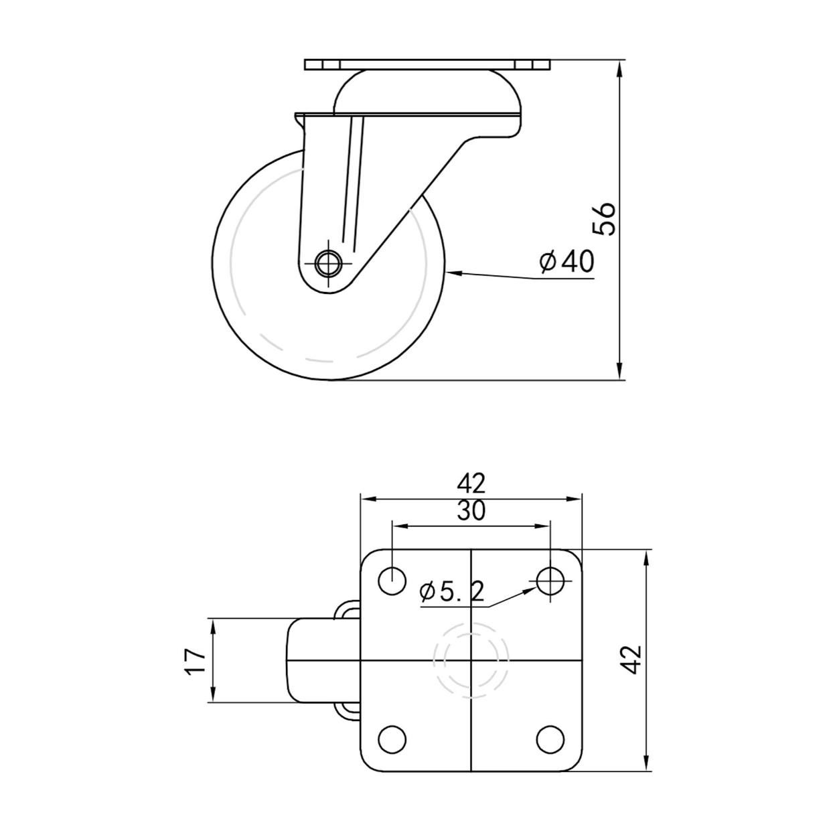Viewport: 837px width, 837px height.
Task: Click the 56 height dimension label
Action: point(604,218)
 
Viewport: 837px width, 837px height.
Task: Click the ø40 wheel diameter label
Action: point(566,262)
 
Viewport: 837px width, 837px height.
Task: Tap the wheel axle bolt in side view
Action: point(328,263)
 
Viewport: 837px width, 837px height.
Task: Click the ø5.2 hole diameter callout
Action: point(451,591)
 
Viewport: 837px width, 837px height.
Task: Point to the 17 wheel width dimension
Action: point(196,661)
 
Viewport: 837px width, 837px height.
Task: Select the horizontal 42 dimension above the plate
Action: point(471,482)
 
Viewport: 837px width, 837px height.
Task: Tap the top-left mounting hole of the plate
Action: point(392,581)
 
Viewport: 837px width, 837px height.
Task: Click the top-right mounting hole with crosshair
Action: point(550,581)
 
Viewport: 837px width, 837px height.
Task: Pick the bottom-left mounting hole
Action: point(392,739)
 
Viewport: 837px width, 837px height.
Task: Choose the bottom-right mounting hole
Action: point(550,739)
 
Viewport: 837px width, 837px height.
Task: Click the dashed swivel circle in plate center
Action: point(471,660)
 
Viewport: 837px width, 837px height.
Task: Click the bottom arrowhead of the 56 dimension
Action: point(621,372)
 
